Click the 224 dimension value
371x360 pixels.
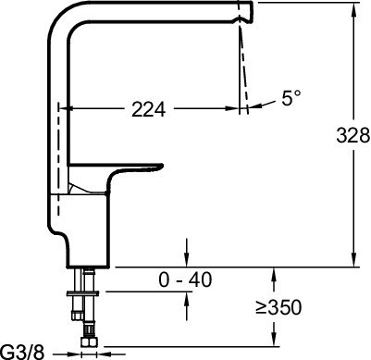coord(149,109)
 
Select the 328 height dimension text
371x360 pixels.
coord(349,135)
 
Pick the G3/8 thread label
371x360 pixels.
coord(21,351)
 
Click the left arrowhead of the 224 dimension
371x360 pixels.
coord(66,109)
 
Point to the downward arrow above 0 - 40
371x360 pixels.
coord(188,258)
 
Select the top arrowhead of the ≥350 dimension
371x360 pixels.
coord(276,273)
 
